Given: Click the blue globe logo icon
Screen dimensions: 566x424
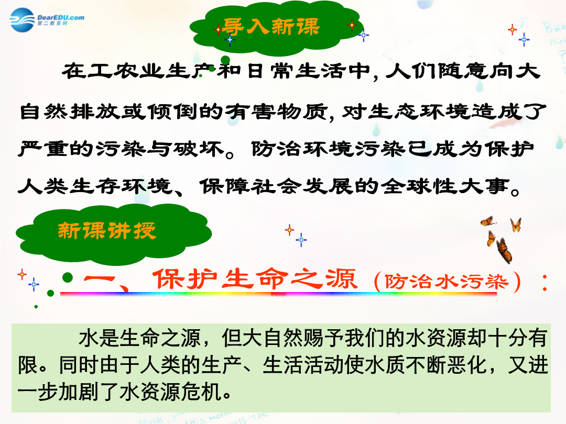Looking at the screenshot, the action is tap(23, 20).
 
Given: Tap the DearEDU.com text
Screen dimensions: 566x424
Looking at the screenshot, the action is tap(61, 17).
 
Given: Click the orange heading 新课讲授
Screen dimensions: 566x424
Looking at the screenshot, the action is tap(107, 230).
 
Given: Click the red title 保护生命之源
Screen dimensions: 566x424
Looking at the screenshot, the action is tap(255, 279).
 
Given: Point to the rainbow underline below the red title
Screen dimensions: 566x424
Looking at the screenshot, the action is tap(278, 294).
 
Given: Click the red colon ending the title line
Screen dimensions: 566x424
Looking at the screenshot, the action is tap(545, 283).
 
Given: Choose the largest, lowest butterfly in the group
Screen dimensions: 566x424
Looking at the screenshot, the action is tap(504, 250).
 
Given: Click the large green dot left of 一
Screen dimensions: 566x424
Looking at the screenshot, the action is tap(68, 277).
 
